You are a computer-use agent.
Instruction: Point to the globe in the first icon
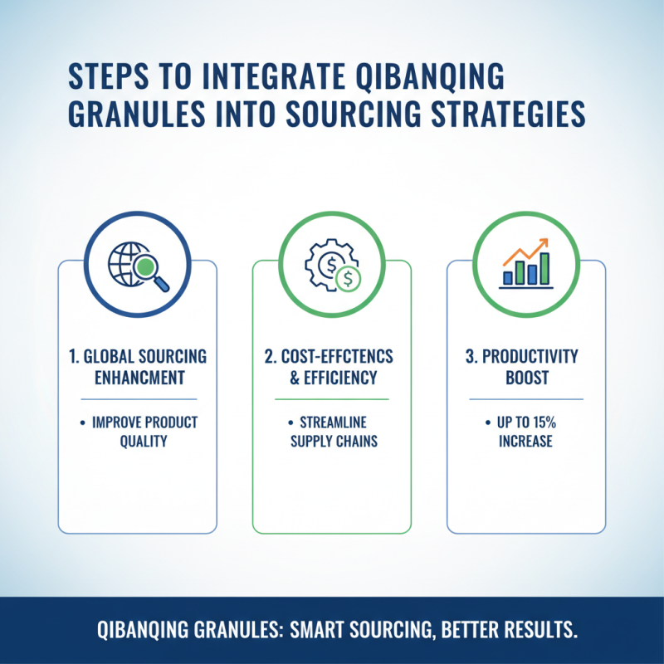tap(128, 262)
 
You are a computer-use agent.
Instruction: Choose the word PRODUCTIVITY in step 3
tap(535, 357)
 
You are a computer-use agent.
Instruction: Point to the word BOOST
tap(525, 378)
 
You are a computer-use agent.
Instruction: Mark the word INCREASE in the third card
tap(525, 441)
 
